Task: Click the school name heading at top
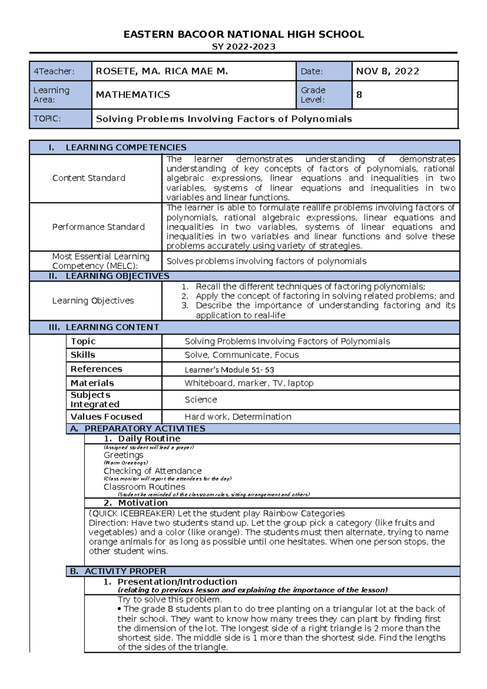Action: coord(243,35)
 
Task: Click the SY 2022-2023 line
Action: coord(243,47)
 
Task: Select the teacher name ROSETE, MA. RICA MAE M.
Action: coord(162,71)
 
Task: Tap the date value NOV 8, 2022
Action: coord(387,71)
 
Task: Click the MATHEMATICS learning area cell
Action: coord(133,95)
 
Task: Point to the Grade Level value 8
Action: coord(359,95)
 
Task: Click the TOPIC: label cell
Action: coord(47,119)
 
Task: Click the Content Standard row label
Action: coord(88,178)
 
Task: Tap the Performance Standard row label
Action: coord(98,227)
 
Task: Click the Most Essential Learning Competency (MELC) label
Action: coord(101,261)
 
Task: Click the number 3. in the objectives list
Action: coord(185,305)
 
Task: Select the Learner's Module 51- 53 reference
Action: coord(229,370)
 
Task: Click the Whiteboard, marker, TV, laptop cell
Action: coord(249,383)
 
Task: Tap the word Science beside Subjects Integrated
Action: coord(200,400)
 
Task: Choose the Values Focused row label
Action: coord(106,416)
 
